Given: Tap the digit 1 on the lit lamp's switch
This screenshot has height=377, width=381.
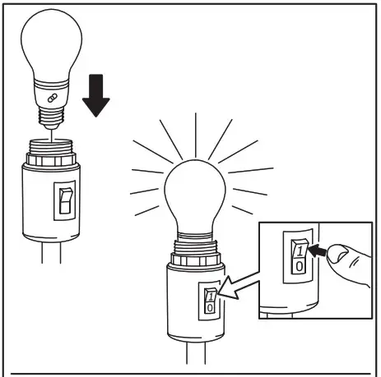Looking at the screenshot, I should [x=210, y=293].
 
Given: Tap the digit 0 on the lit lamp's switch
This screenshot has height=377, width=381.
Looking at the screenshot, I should [x=210, y=306].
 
